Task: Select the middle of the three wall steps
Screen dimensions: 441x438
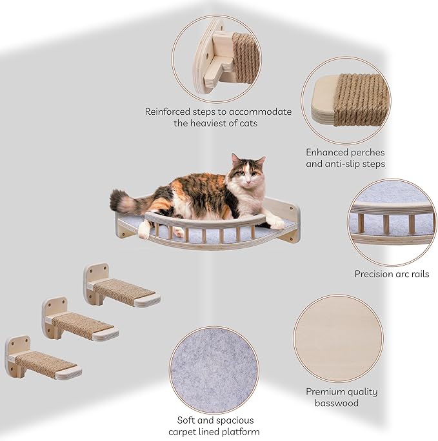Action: click(81, 324)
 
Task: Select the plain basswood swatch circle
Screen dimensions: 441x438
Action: click(338, 338)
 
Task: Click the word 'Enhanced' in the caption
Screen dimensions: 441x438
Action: click(328, 153)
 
